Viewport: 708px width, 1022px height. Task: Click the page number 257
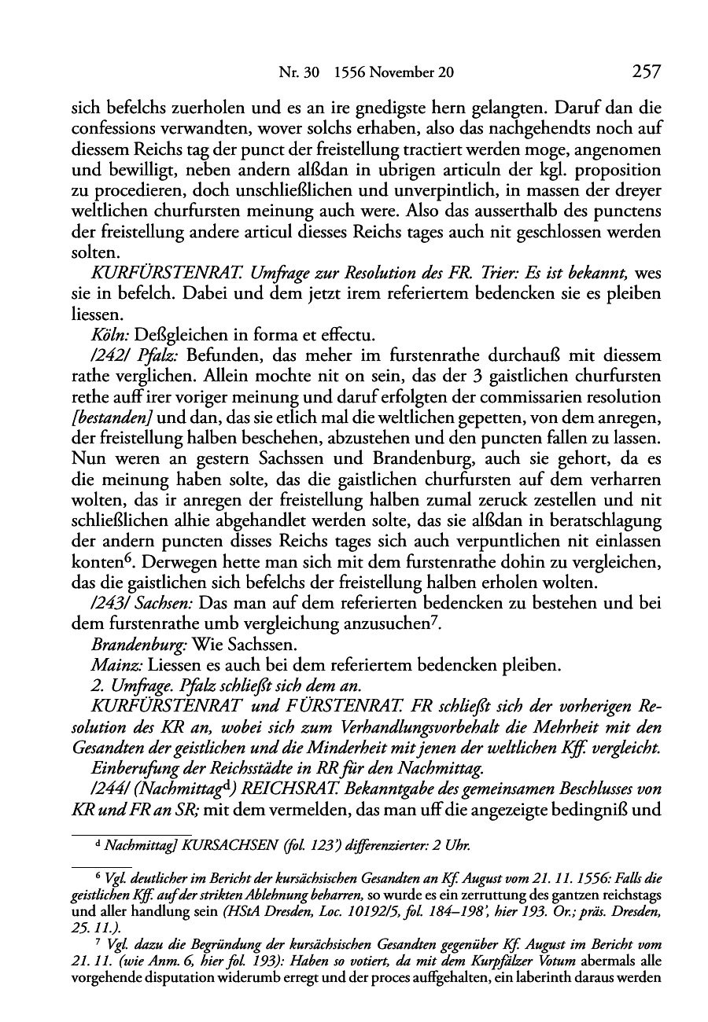tap(644, 72)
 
